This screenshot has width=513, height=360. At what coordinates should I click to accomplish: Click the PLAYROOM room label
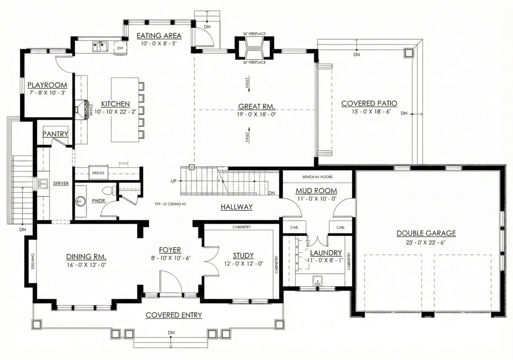[x=47, y=85]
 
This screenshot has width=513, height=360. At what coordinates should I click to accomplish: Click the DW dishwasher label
[x=120, y=48]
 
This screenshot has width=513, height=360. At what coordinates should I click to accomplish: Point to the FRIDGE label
[x=98, y=173]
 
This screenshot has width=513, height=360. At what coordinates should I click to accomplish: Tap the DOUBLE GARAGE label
[x=426, y=233]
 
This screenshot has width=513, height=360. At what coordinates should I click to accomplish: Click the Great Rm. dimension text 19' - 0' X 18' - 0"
[x=256, y=114]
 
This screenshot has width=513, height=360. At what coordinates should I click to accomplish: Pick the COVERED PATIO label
[x=369, y=104]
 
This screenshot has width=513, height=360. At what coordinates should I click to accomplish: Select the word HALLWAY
[x=237, y=207]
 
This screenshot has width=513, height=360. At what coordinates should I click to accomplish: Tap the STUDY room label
[x=243, y=256]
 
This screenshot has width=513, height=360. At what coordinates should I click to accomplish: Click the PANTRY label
[x=55, y=134]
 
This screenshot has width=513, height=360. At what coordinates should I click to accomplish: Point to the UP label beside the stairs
[x=174, y=181]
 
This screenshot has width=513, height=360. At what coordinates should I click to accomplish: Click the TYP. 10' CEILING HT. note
[x=170, y=204]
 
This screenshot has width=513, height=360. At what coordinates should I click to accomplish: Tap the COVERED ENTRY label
[x=174, y=315]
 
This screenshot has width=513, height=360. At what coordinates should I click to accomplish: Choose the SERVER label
[x=61, y=183]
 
